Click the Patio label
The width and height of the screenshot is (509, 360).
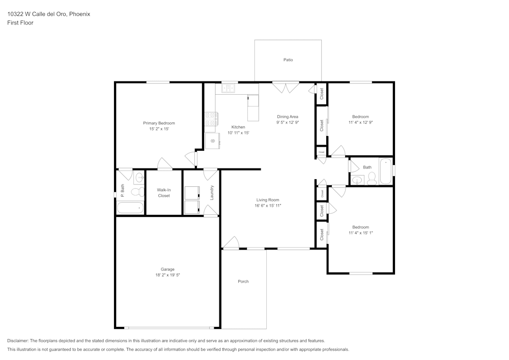click(288, 60)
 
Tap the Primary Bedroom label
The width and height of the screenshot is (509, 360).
click(159, 123)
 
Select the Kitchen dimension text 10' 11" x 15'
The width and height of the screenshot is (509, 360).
click(238, 133)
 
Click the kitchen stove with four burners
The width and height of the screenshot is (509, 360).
click(210, 119)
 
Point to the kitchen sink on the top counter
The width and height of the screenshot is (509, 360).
click(227, 89)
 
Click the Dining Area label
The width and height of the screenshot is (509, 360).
click(288, 117)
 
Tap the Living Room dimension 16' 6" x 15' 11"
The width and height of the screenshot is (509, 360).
click(268, 206)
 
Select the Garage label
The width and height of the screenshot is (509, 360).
click(167, 269)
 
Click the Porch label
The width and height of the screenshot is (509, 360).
click(243, 282)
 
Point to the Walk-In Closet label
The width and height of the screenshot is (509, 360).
click(164, 192)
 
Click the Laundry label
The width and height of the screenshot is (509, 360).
click(212, 192)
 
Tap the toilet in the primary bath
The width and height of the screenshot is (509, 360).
click(136, 192)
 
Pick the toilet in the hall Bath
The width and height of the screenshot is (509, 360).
click(372, 178)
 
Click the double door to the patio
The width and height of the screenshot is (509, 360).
click(286, 88)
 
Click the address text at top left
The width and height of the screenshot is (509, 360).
click(48, 14)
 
